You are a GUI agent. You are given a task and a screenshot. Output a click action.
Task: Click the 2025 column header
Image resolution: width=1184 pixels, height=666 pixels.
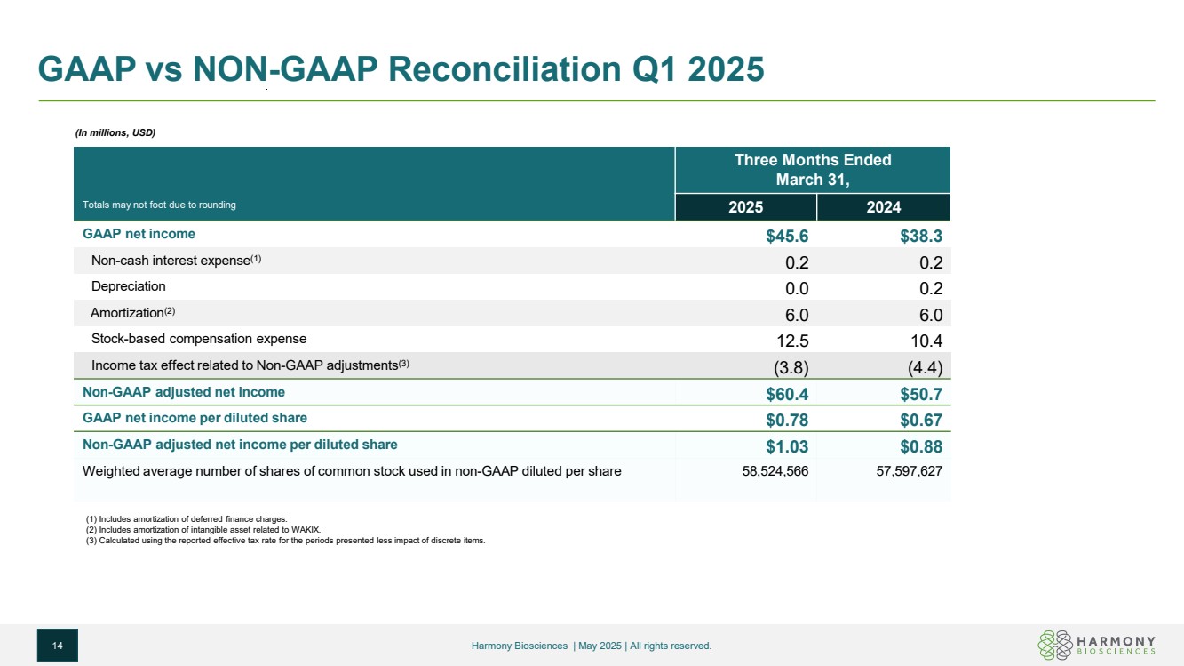[x=745, y=207]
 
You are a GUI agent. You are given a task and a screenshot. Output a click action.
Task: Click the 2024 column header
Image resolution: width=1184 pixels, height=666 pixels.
[x=884, y=207]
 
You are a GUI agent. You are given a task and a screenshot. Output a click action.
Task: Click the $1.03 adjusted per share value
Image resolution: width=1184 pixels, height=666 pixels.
[x=779, y=445]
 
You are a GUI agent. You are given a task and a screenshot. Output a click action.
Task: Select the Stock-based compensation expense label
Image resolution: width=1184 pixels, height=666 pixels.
[x=199, y=339]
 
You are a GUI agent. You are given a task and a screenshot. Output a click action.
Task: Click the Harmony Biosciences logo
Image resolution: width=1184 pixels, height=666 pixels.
[x=1096, y=644]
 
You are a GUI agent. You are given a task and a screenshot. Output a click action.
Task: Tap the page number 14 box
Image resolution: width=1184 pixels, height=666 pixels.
[x=58, y=645]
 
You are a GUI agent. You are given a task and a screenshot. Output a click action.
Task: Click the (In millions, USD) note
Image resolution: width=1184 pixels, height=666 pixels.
[x=115, y=133]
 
